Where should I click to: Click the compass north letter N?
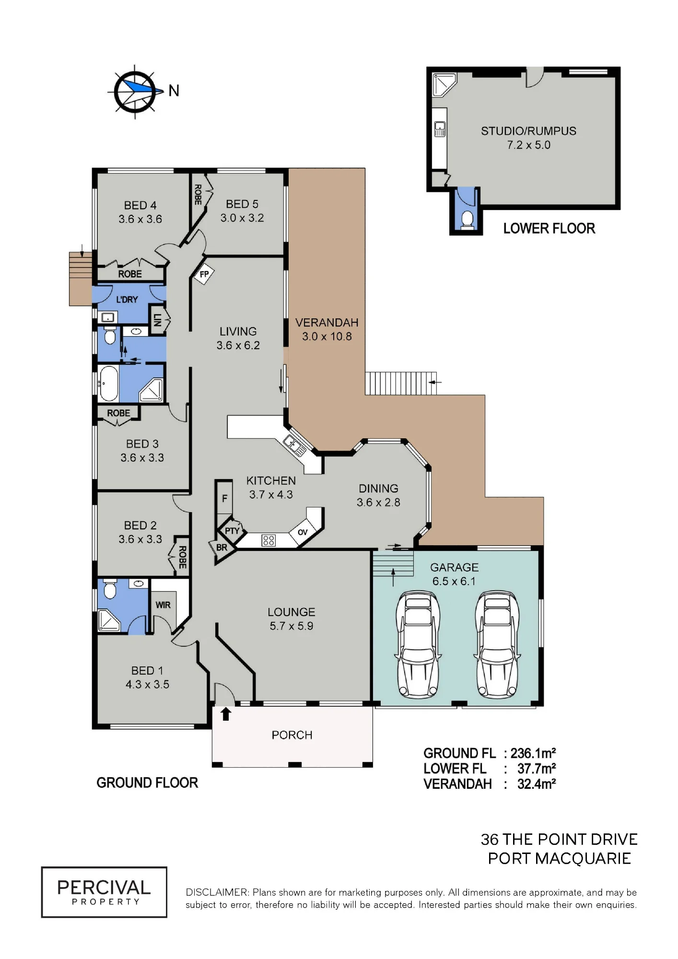click(174, 90)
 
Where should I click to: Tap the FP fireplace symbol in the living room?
click(204, 275)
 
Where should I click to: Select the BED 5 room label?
click(242, 204)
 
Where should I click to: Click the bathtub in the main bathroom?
click(108, 384)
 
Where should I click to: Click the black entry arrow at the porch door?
click(226, 714)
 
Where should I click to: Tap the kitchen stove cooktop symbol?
click(269, 541)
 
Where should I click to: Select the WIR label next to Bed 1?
click(163, 605)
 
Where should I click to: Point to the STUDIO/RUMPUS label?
click(528, 131)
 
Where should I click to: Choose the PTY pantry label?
click(232, 531)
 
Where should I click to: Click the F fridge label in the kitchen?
click(224, 499)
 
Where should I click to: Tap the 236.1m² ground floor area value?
click(533, 753)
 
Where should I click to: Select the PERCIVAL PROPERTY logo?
click(104, 892)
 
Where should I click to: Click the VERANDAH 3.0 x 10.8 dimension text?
click(327, 337)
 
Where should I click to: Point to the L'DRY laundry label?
click(127, 299)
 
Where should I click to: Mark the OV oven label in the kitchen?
click(303, 532)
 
